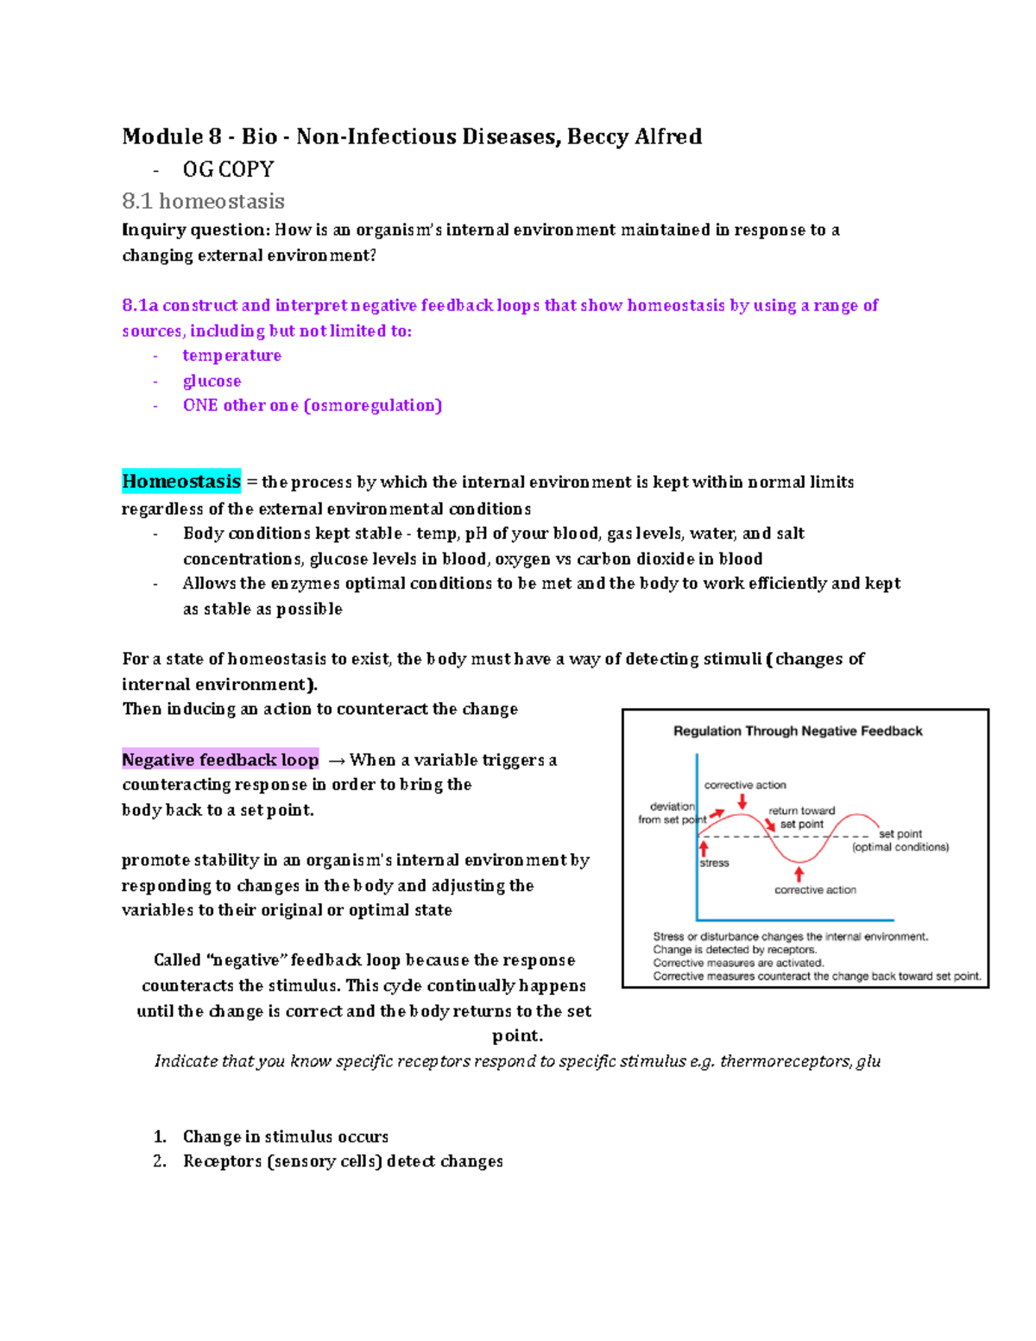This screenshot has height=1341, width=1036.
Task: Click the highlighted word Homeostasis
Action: point(181,481)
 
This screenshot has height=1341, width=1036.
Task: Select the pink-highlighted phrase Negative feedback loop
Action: point(220,759)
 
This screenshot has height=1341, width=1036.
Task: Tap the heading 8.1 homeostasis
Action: point(203,201)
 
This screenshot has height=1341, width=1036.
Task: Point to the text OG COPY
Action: point(228,169)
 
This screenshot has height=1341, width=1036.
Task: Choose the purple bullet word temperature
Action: point(231,355)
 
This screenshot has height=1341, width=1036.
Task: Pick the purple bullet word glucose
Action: point(212,381)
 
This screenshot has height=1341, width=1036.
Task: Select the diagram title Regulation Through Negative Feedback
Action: point(798,731)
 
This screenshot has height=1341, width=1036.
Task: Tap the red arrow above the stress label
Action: point(704,848)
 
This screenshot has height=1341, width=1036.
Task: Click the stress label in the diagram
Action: point(714,863)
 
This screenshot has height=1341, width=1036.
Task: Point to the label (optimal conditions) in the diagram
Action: point(900,847)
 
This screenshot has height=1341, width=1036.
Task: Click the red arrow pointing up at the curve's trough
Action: point(799,874)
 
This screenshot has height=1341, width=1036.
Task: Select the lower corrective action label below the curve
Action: point(815,889)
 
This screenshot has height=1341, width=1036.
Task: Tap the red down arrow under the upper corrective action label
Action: point(742,801)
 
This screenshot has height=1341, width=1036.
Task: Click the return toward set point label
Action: point(801,817)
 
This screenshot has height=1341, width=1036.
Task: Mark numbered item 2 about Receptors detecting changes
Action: point(342,1161)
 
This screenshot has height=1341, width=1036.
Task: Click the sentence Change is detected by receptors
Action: point(734,949)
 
